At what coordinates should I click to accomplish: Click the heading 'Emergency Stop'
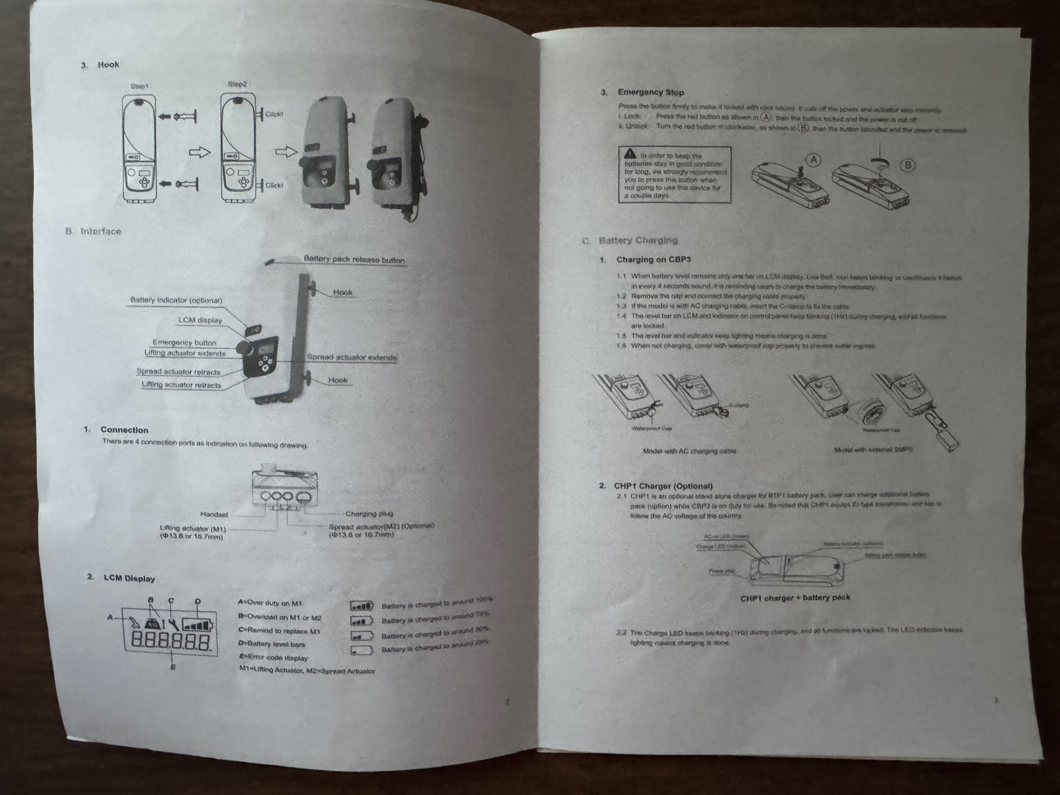pos(650,93)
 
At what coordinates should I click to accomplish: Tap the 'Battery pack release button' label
pos(354,259)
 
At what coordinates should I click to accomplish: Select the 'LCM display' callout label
pos(199,320)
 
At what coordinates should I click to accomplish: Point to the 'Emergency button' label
pos(184,342)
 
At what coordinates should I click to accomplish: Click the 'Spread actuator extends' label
pos(352,358)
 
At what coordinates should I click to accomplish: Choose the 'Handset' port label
pos(214,515)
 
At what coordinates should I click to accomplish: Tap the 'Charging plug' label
pos(369,514)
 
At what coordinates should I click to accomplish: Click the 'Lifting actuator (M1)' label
pos(193,529)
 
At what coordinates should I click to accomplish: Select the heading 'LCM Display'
pos(129,579)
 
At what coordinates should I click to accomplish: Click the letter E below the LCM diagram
pos(173,668)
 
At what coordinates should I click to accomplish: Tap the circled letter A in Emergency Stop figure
pos(814,160)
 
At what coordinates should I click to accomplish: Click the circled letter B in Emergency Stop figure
pos(908,165)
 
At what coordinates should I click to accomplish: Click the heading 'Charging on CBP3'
pos(653,260)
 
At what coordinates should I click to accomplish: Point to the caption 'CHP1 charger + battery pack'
pos(795,598)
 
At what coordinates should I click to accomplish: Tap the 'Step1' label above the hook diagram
pos(139,86)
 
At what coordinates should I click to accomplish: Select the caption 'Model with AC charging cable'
pos(689,451)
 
